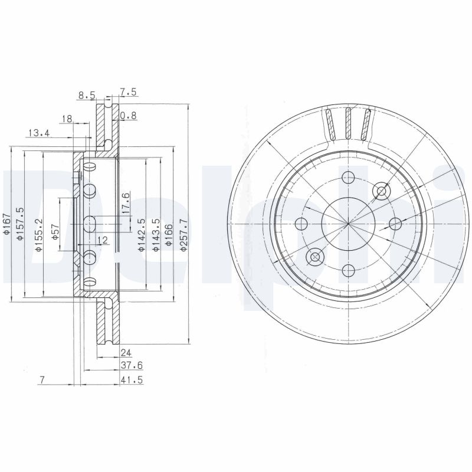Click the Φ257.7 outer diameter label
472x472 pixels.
183,235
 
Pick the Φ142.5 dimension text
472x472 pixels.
141,235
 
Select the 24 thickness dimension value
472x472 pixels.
124,353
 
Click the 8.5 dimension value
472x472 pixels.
86,94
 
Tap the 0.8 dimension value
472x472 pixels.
128,116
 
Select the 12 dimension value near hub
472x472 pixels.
102,240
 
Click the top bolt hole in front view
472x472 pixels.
349,177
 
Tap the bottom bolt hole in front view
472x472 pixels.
349,270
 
